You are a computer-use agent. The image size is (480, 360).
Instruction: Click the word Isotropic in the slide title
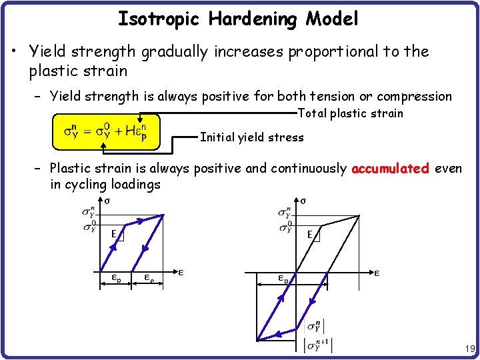coord(160,19)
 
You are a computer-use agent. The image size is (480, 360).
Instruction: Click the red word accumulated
coord(390,169)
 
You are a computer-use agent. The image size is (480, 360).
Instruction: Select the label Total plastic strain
coord(350,113)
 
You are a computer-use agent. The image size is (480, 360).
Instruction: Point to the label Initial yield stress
coord(252,138)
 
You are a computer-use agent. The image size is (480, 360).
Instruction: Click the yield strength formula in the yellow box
coord(105,131)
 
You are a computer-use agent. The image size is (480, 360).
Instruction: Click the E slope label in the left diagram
coord(114,233)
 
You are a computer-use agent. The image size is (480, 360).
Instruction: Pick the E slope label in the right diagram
coord(311,234)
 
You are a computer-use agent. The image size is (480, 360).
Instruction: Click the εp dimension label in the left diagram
coord(115,279)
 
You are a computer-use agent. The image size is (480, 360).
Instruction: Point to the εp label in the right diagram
coord(283,279)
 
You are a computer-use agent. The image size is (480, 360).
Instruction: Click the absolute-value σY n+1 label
coord(317,346)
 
